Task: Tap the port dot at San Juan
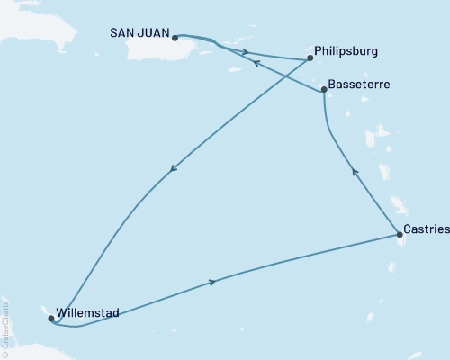(x=175, y=38)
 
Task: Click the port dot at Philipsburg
(x=310, y=58)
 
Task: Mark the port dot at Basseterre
(x=324, y=89)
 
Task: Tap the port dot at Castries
(x=399, y=235)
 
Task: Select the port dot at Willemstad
(x=50, y=318)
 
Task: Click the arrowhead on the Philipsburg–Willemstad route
(x=172, y=168)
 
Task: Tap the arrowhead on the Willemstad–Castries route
(x=212, y=282)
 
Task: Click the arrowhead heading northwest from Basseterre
(x=256, y=63)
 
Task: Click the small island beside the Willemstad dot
(x=45, y=310)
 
